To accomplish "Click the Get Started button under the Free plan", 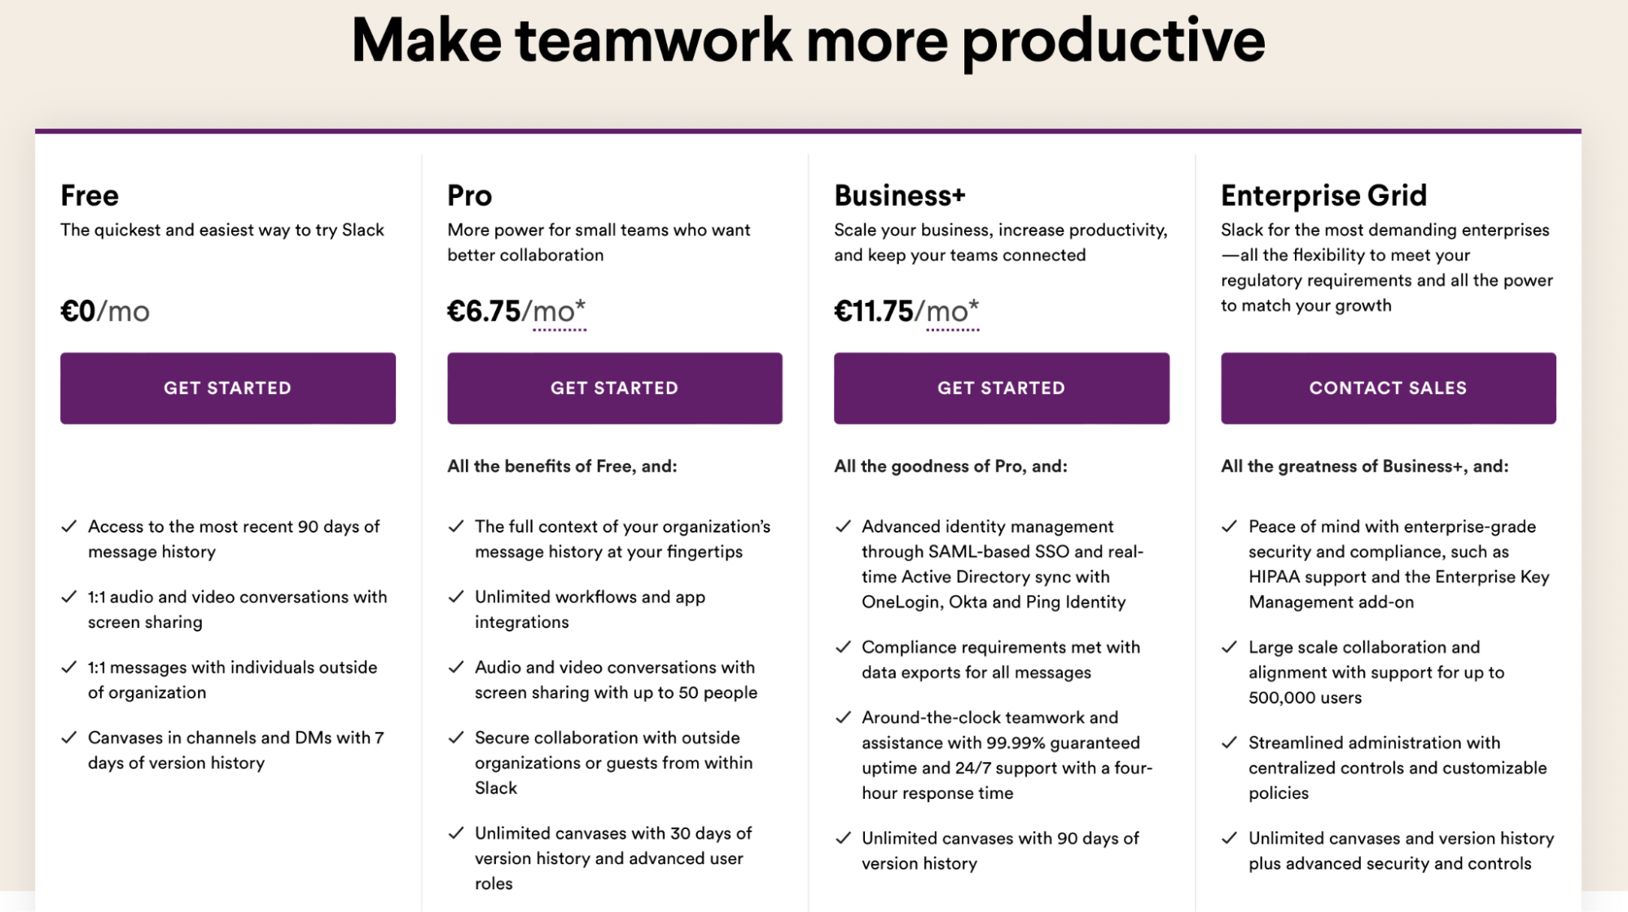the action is (x=228, y=388).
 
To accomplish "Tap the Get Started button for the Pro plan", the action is (x=615, y=388).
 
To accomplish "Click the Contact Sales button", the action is (x=1389, y=388).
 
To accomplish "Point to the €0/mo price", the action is (x=105, y=311).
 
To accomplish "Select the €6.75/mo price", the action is (x=516, y=311).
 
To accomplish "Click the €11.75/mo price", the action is (x=906, y=311).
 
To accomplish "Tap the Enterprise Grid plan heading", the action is (x=1324, y=195).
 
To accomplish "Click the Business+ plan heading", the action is (x=900, y=195).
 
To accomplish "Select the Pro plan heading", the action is (x=470, y=195).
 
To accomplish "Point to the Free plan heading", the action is (x=90, y=195).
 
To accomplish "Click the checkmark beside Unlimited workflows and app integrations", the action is (x=456, y=597).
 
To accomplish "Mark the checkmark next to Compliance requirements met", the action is (x=843, y=647).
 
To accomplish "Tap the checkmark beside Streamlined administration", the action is (x=1230, y=743).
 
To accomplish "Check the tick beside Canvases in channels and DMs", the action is (x=69, y=738).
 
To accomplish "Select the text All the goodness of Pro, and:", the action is (x=950, y=466).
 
